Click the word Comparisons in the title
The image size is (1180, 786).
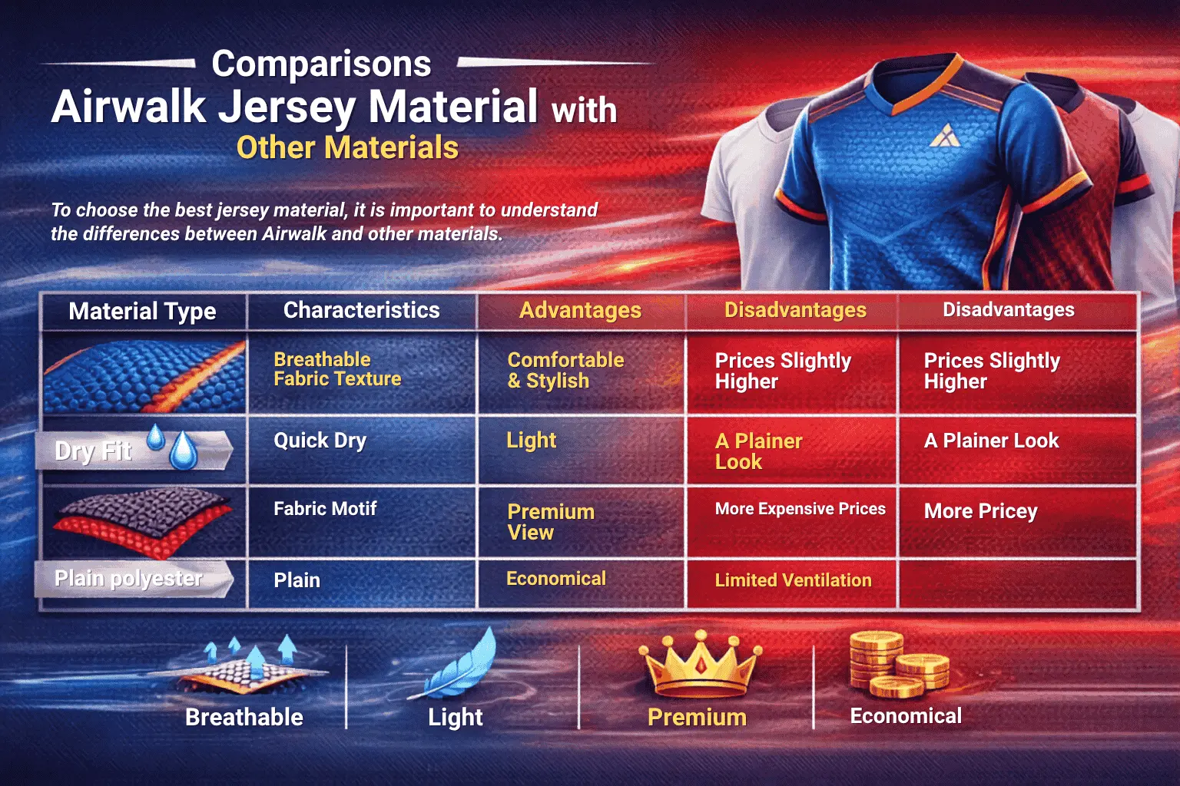tap(321, 64)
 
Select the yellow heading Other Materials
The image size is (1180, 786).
tap(348, 147)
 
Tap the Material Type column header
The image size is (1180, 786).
tap(142, 311)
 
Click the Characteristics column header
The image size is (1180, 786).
tap(361, 310)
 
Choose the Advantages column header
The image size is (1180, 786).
tap(581, 311)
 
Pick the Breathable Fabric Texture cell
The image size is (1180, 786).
tap(337, 369)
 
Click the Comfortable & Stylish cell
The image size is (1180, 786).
tap(565, 370)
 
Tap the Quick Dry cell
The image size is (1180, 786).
tap(320, 441)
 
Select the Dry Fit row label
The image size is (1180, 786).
tap(93, 451)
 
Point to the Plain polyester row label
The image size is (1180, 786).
tap(128, 579)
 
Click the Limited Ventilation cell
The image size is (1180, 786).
tap(793, 580)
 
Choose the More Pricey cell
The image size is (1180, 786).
tap(980, 511)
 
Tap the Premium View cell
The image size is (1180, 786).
tap(551, 522)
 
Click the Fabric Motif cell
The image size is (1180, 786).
tap(325, 509)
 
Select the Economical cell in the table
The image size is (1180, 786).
tap(555, 579)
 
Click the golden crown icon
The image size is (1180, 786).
tap(700, 664)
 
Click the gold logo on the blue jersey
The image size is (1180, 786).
tap(945, 136)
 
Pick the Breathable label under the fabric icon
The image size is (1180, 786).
tap(244, 717)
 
